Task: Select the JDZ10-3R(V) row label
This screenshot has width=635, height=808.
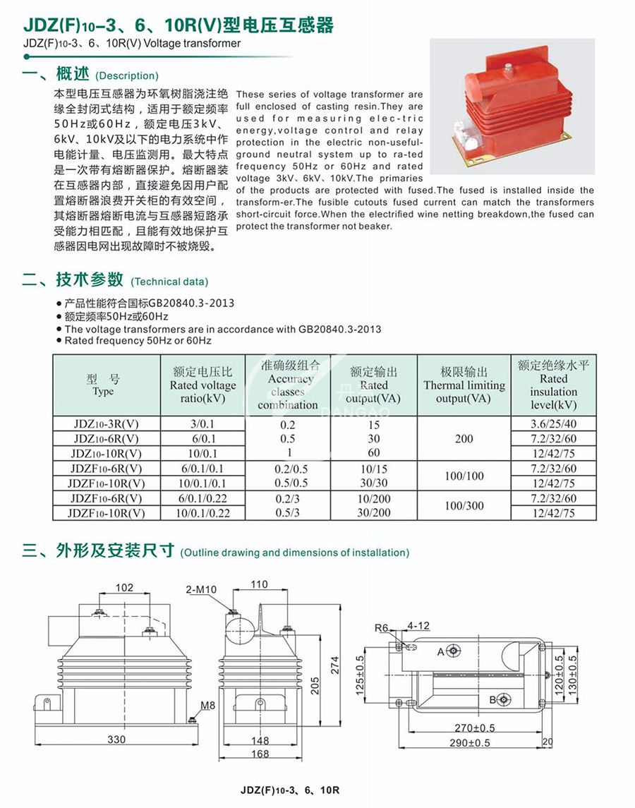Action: point(107,425)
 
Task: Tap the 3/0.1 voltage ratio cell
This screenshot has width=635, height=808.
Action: point(202,425)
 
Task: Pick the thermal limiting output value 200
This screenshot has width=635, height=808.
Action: point(464,439)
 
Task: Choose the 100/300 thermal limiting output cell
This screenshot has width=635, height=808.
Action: point(464,505)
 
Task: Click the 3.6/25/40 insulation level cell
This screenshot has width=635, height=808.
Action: point(554,425)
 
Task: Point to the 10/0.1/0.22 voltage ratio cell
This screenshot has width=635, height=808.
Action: point(202,513)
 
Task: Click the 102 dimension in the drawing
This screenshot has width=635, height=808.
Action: point(124,587)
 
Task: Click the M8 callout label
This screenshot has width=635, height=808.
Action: point(208,706)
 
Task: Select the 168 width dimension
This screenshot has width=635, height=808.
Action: point(260,754)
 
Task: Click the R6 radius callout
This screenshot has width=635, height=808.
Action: point(382,627)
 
